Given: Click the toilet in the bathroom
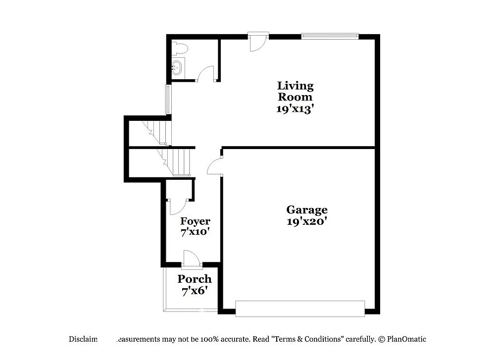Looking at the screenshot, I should tap(180, 48).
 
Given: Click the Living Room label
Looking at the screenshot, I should tap(295, 91).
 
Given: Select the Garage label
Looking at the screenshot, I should tap(307, 209).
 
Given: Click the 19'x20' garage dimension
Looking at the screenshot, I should tap(307, 222).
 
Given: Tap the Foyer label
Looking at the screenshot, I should tap(195, 221).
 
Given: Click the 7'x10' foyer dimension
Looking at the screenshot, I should tap(195, 231).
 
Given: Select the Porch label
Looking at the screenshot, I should tap(195, 279).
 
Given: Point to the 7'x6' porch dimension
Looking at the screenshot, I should tap(195, 291).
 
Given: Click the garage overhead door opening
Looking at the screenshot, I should tap(300, 308).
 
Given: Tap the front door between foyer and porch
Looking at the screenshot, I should tap(191, 259).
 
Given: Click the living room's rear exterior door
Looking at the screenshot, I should tap(258, 42).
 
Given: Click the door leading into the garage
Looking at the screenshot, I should tap(215, 167).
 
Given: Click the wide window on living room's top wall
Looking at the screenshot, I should tap(330, 36).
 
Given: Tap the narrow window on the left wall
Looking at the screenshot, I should tap(168, 100).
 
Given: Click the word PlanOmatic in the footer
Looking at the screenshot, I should tap(406, 339).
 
